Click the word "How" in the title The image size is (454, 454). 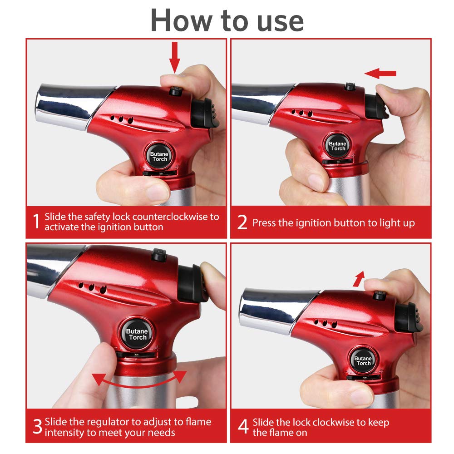point(178,20)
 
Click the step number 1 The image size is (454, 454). point(36,222)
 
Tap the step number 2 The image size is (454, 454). point(242,223)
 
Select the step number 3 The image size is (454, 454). point(37,427)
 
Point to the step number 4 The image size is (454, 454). point(243,427)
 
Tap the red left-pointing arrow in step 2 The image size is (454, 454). point(380,73)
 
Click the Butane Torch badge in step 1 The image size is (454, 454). point(159,156)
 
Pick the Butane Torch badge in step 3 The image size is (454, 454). point(137,334)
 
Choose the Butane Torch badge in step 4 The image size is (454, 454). point(363,360)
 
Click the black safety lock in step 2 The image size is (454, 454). point(350,86)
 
